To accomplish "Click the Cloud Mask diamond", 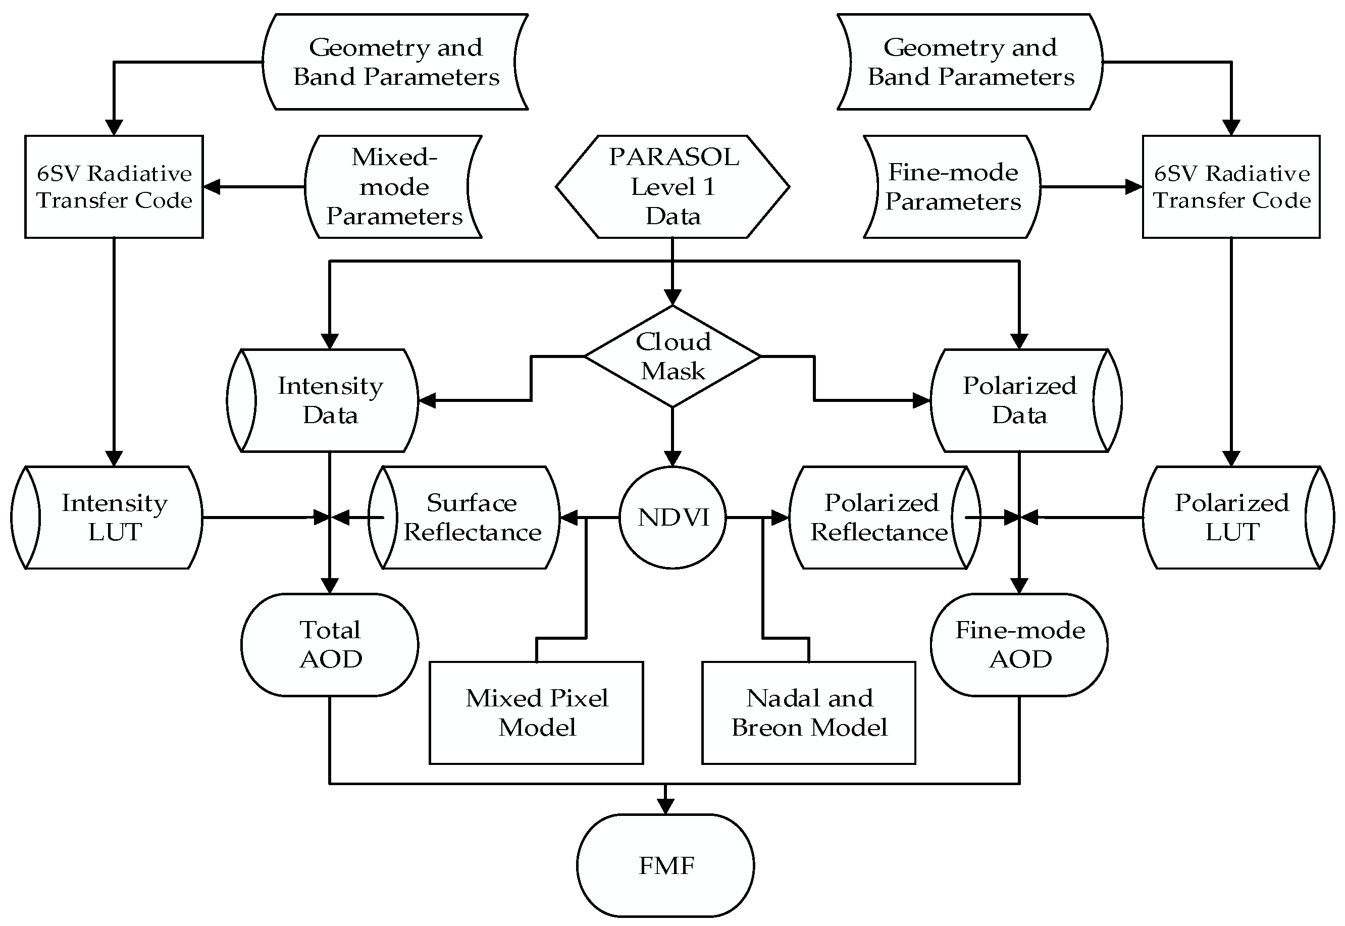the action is coord(672,356).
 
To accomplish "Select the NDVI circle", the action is coord(673,518).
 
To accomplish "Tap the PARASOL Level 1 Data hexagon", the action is coord(673,187).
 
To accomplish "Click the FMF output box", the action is coord(665,865).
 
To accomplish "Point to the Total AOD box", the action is coord(330,645).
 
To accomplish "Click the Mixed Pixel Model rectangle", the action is coord(537,712).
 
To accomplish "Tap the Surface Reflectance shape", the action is coord(464,518).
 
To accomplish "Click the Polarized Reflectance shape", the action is coord(885,518).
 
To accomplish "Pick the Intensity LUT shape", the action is coord(108,518).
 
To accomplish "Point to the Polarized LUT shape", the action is coord(1239,518).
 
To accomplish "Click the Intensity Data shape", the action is coord(323,400).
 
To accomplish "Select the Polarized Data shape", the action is coord(1026,400).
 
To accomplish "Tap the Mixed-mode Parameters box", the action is coord(394,187).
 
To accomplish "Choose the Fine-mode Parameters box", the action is coord(952,187).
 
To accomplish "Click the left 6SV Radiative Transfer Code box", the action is coord(114,187).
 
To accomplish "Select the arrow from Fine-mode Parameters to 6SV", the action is coord(1092,187).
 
